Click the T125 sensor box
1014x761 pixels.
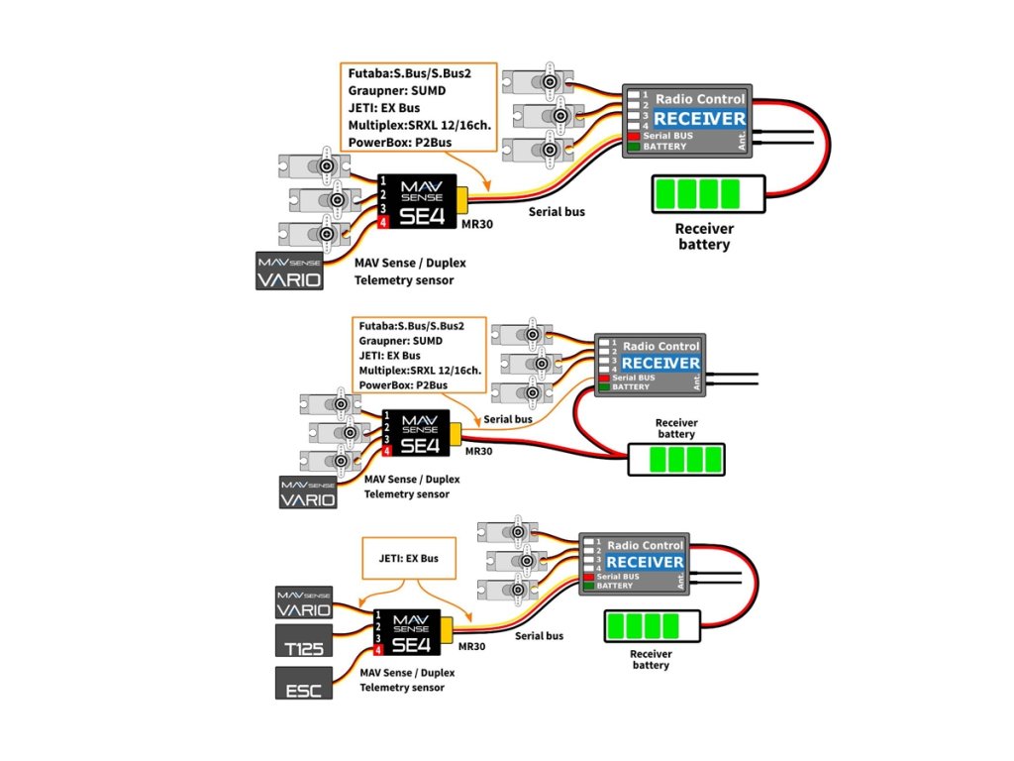[x=304, y=642]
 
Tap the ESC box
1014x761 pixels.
[x=304, y=684]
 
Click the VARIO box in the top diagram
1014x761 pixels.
[x=289, y=271]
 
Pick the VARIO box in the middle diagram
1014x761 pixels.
[x=308, y=492]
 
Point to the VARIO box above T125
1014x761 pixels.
[x=304, y=601]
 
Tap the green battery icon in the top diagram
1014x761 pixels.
[x=708, y=192]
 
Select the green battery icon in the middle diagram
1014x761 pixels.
[x=676, y=459]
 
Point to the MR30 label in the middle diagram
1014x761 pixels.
[x=478, y=451]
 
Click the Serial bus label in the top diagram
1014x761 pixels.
[x=556, y=212]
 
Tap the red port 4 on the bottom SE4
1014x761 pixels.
[x=379, y=653]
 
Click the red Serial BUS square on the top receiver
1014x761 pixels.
[x=633, y=136]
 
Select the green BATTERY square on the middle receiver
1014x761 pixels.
[x=603, y=387]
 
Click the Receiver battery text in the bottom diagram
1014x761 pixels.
[x=651, y=659]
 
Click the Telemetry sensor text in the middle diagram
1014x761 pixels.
[x=405, y=493]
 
